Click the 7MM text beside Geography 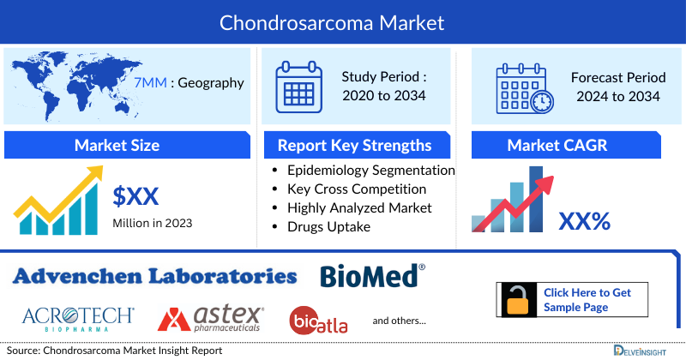point(150,83)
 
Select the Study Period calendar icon point(298,87)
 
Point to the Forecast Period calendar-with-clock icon point(524,87)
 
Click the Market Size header point(117,145)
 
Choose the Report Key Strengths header point(354,145)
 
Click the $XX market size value point(135,196)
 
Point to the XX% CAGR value point(584,222)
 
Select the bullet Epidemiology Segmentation point(371,170)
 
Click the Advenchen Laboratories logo point(155,276)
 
